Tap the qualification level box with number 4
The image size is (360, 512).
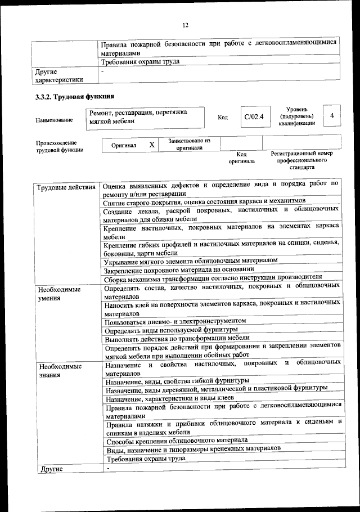(332, 116)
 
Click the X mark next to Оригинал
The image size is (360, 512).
(151, 145)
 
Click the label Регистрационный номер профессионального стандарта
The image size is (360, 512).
(301, 160)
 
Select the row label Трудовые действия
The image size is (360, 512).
(65, 187)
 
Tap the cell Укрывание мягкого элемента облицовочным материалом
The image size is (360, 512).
(191, 261)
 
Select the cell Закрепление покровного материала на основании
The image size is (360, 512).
(182, 270)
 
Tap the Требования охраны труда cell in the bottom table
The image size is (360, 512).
(146, 459)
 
